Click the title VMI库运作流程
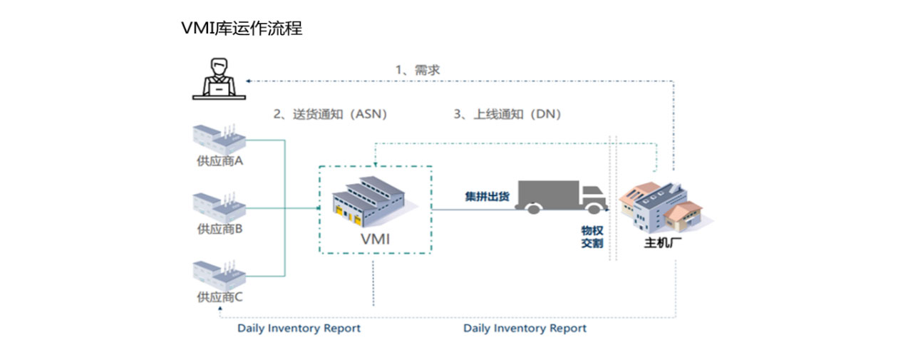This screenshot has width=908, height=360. pos(242,29)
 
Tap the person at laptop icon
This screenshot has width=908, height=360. pos(218,78)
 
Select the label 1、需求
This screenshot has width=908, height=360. pos(418,70)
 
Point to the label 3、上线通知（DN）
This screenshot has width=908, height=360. pos(507,114)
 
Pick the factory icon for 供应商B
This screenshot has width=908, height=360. pos(219,206)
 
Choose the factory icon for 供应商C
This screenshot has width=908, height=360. pos(219,274)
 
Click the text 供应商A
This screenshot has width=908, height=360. pos(220,161)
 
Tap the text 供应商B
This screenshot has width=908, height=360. pos(220,230)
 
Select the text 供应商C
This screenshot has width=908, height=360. pos(220,297)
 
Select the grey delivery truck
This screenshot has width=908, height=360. pos(562,197)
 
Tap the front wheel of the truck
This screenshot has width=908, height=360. pos(593,207)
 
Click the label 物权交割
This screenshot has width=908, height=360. pos(592,237)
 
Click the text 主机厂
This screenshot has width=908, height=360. pos(659,243)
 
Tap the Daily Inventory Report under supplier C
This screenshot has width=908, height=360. pos(299,329)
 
